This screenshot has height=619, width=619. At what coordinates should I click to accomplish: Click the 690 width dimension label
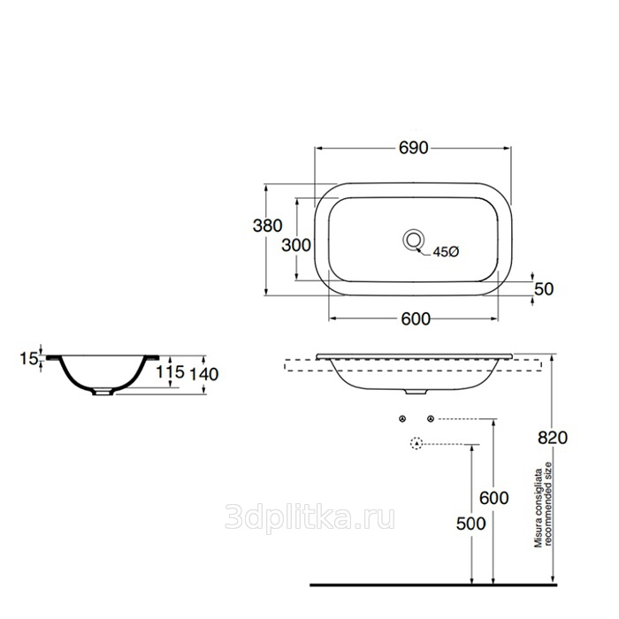413,148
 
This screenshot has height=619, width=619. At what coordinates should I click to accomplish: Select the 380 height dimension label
268,225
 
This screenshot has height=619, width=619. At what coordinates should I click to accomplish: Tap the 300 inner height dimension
296,245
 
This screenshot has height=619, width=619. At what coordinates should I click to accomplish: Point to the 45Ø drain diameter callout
446,251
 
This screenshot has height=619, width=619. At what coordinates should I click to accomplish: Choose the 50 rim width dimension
544,289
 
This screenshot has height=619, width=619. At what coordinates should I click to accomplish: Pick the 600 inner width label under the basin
416,319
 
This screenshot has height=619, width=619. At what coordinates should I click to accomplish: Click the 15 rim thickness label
29,358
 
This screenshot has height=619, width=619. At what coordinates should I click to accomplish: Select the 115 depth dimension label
170,371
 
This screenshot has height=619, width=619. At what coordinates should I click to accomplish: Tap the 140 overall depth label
204,374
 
